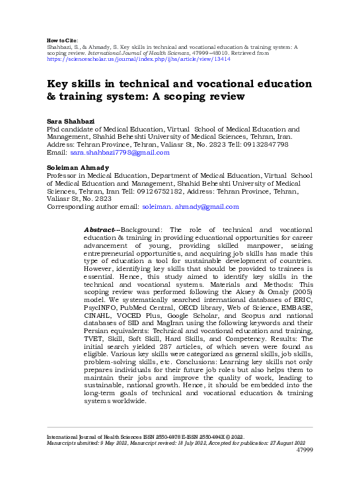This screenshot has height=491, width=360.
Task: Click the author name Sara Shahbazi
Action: click(69, 122)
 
